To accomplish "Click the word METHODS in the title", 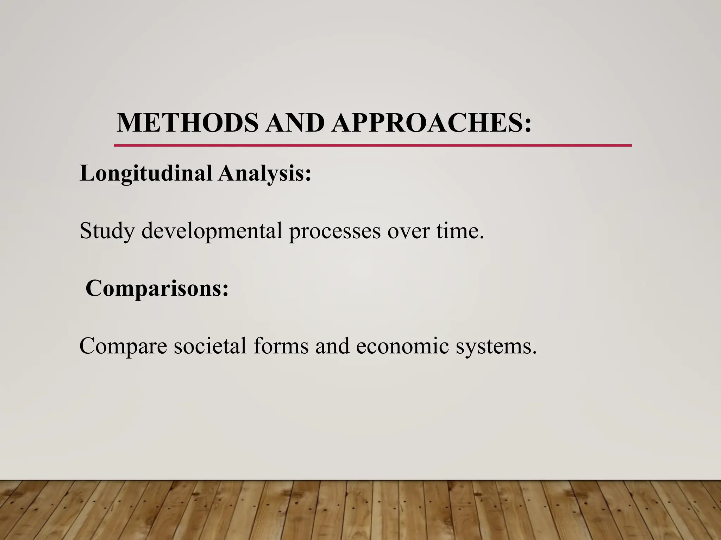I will click(x=187, y=123).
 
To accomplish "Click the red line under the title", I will click(x=372, y=145).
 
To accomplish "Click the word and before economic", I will click(x=332, y=346).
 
